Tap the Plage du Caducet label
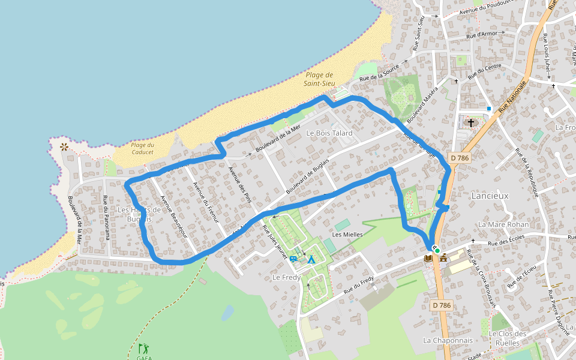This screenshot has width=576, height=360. [142, 148]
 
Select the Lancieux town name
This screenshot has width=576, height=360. [490, 196]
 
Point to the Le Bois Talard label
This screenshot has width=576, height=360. [329, 133]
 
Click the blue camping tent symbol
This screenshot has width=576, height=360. [311, 260]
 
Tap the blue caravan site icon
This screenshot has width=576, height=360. [293, 259]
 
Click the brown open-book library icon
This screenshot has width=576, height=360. [428, 258]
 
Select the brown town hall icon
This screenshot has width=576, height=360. [444, 258]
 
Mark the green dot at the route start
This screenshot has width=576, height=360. [437, 250]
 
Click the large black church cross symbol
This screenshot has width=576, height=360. [471, 123]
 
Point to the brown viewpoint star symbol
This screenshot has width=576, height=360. [64, 146]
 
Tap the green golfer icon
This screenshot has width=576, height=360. [143, 348]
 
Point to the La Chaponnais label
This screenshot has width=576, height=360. [448, 340]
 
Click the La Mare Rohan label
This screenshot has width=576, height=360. [503, 224]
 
